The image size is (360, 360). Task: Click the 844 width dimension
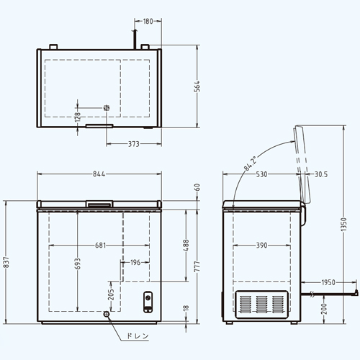click(99, 174)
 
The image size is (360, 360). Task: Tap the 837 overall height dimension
click(6, 262)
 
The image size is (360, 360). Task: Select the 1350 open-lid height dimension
click(344, 225)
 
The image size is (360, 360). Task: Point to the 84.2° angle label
click(251, 163)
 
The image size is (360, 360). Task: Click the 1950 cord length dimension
click(328, 282)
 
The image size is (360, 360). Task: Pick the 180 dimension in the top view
click(148, 21)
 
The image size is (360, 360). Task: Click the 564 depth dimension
click(197, 86)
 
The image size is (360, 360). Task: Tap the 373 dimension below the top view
click(133, 144)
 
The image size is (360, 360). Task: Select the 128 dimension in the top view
click(78, 117)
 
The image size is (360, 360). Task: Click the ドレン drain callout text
click(138, 336)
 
